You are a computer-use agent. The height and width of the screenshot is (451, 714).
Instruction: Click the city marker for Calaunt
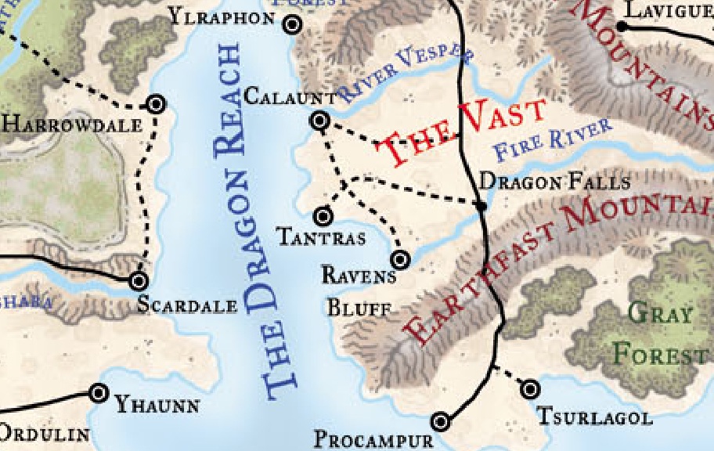pyautogui.click(x=319, y=121)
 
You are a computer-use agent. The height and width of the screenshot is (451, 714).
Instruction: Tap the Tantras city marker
pyautogui.click(x=323, y=215)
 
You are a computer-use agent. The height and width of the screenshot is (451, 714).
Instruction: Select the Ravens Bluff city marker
pyautogui.click(x=400, y=259)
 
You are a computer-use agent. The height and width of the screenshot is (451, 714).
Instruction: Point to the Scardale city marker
pyautogui.click(x=139, y=280)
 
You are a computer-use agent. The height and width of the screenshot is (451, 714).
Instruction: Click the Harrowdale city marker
pyautogui.click(x=156, y=103)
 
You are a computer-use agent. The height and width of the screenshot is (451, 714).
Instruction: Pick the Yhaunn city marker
pyautogui.click(x=99, y=393)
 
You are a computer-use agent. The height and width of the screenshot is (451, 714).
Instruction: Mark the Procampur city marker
pyautogui.click(x=441, y=421)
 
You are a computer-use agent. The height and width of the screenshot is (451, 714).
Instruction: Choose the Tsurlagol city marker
pyautogui.click(x=531, y=388)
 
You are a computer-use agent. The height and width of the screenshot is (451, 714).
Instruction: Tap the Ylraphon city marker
pyautogui.click(x=293, y=24)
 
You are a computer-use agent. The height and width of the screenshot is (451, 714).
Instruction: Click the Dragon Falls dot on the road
pyautogui.click(x=481, y=205)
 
